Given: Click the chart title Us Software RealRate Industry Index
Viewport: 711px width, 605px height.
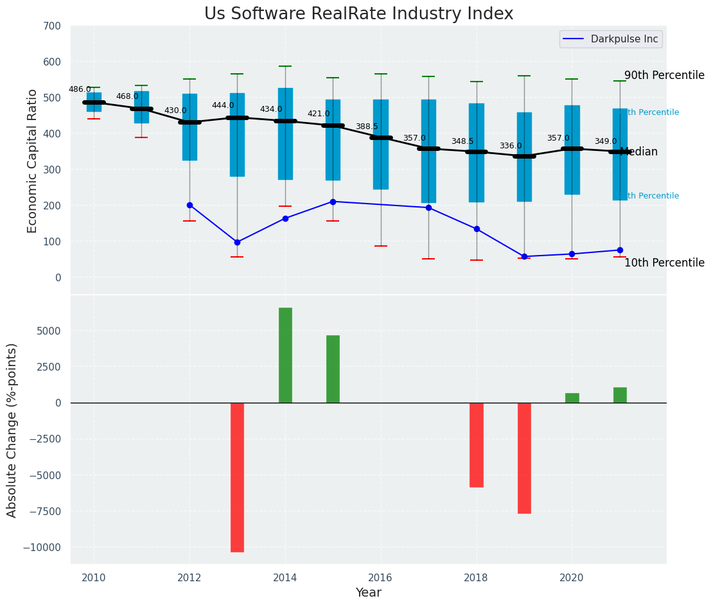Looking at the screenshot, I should [358, 14].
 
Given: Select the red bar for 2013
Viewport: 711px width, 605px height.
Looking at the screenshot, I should [237, 477].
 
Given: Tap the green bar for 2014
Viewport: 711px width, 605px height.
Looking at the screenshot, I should [285, 355].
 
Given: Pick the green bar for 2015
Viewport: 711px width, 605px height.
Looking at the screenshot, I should [333, 369].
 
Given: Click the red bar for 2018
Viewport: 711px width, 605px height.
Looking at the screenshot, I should [477, 444].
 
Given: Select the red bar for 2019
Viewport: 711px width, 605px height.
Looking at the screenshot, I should [524, 457].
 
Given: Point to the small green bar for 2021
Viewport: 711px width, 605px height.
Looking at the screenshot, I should [620, 395].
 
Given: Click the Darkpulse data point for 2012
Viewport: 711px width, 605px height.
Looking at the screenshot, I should [189, 206].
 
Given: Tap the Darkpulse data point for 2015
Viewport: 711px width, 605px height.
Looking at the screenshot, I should [333, 202].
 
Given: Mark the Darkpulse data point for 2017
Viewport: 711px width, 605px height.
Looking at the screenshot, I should [428, 207].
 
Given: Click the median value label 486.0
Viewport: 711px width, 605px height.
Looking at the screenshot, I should [80, 90].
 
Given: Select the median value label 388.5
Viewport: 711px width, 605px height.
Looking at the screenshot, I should [367, 127].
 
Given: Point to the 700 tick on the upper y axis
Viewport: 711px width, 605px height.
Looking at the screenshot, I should [52, 26].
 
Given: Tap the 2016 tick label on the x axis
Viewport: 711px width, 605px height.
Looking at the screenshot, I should [380, 577].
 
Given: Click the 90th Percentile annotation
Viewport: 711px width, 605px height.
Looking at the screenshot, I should [664, 75].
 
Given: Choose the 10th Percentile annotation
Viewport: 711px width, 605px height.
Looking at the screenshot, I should [664, 263].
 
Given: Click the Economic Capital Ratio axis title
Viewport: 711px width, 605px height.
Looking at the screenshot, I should [33, 161].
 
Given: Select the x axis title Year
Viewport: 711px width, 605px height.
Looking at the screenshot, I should [369, 593].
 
